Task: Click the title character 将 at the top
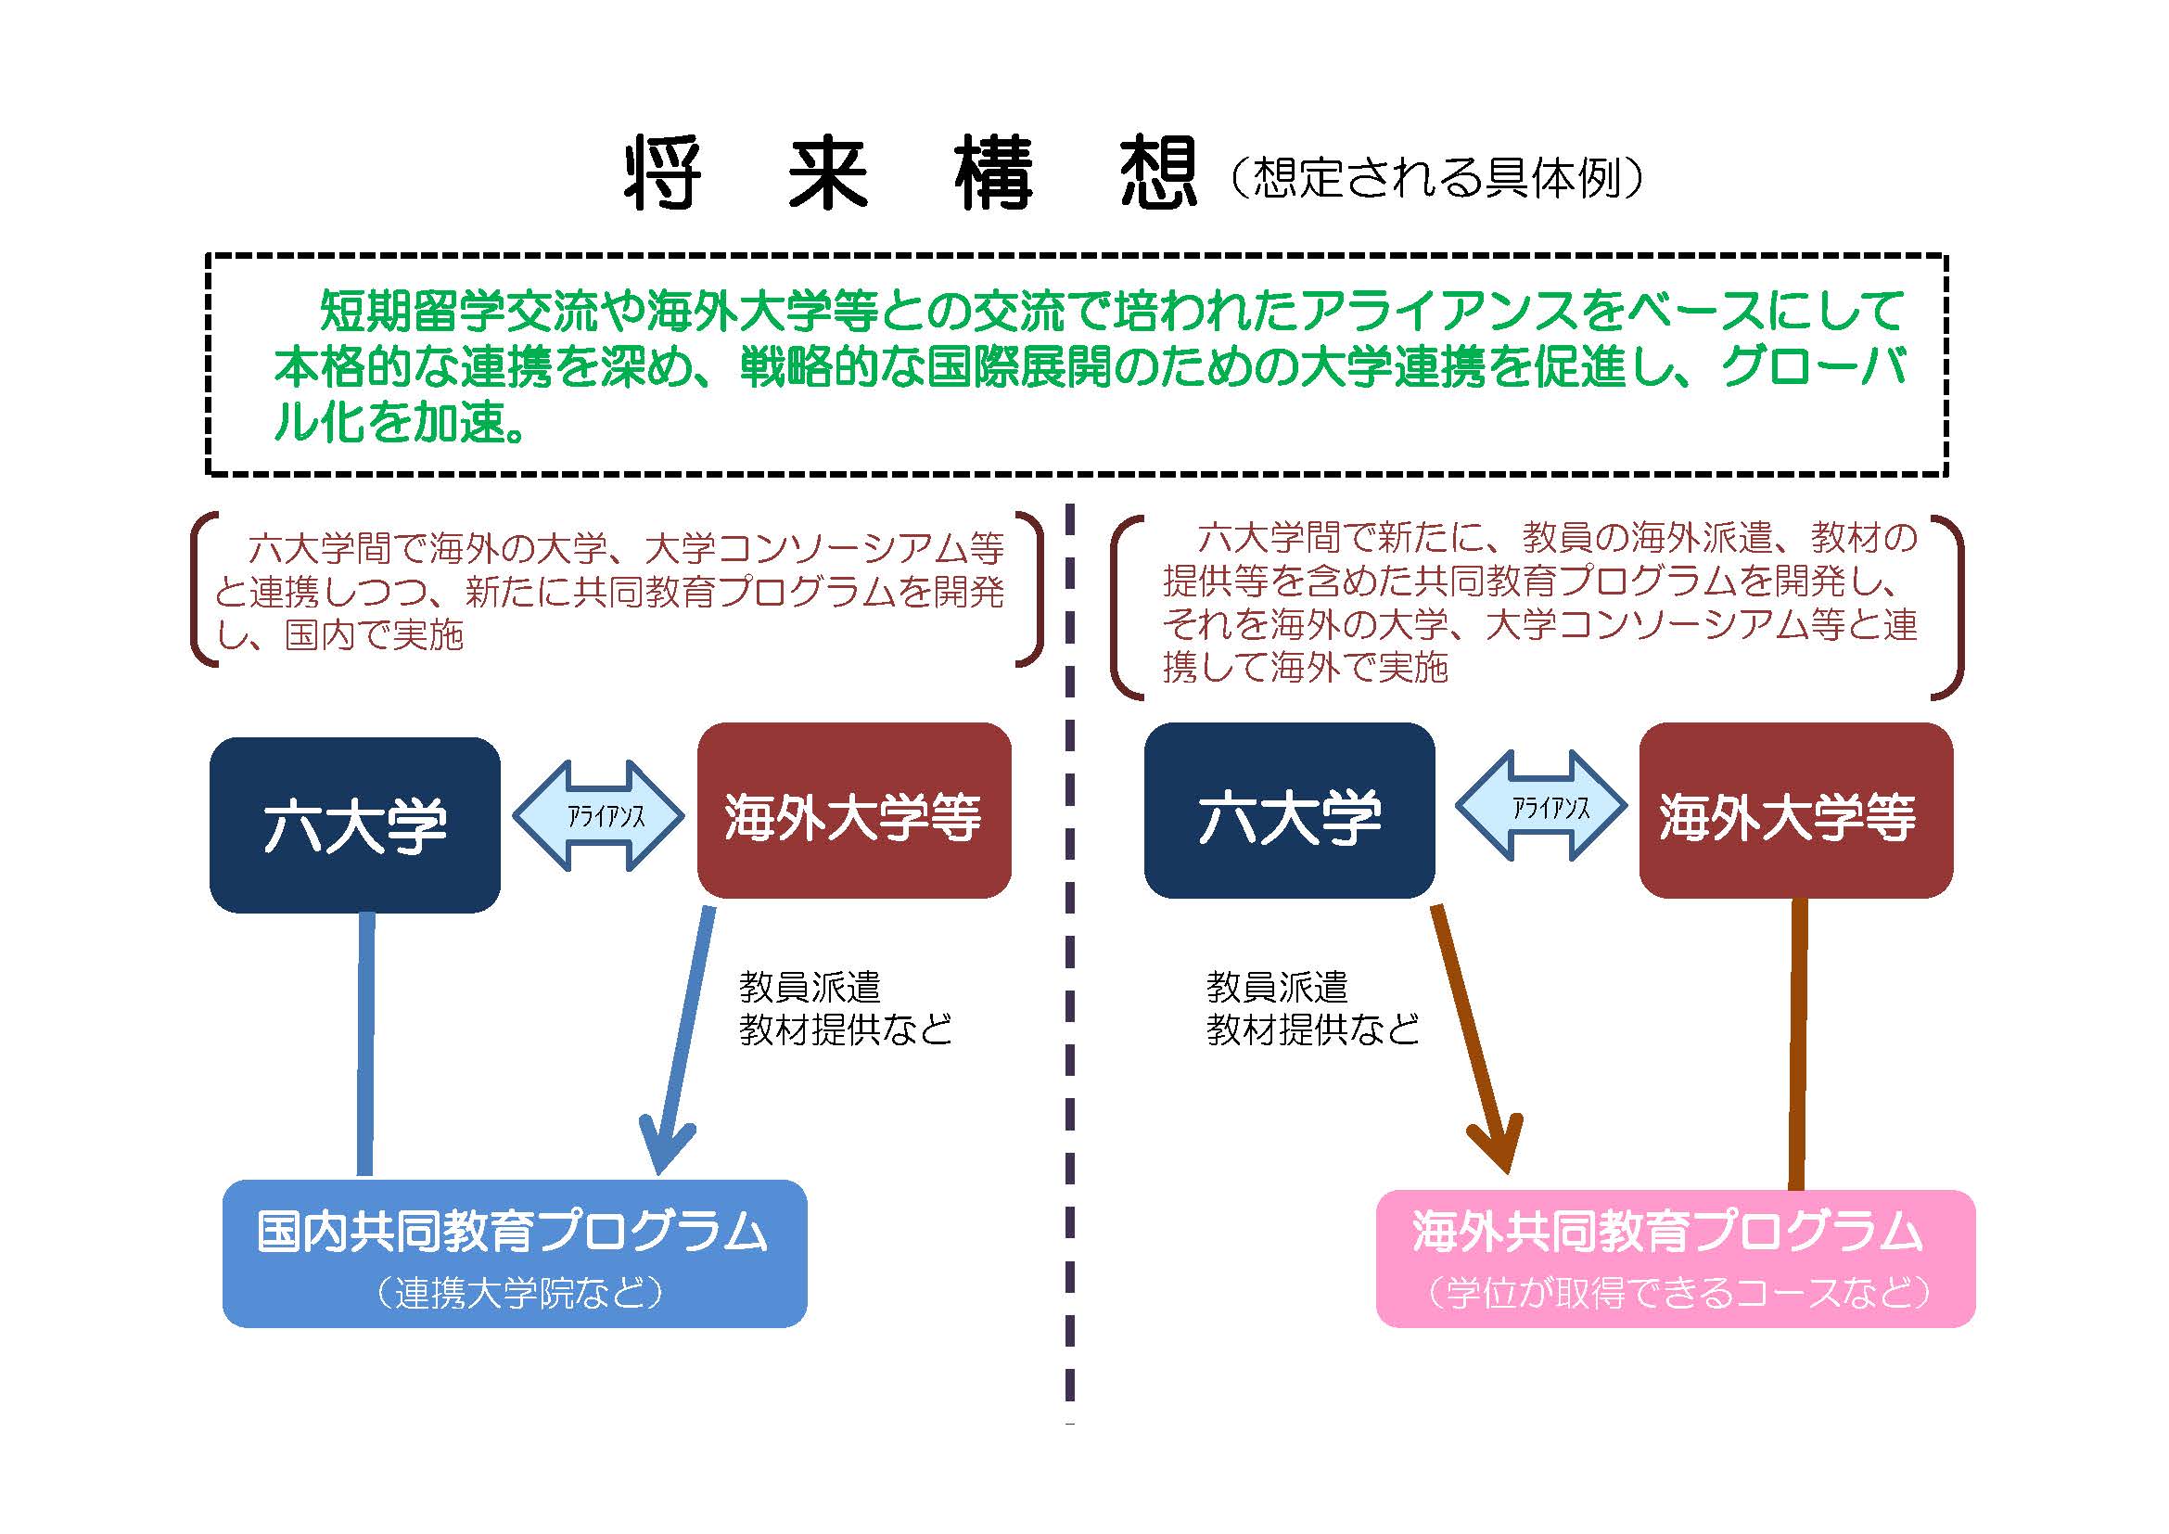pyautogui.click(x=663, y=174)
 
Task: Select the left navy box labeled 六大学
pyautogui.click(x=355, y=825)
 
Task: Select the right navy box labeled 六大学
pyautogui.click(x=1290, y=811)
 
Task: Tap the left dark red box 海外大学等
pyautogui.click(x=854, y=811)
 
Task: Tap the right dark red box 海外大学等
pyautogui.click(x=1796, y=811)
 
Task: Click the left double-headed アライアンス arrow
pyautogui.click(x=599, y=815)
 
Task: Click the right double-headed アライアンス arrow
pyautogui.click(x=1541, y=806)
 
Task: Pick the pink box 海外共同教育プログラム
pyautogui.click(x=1676, y=1259)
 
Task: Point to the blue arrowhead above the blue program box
pyautogui.click(x=665, y=1147)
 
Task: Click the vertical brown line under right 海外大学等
pyautogui.click(x=1799, y=1043)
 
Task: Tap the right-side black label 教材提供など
pyautogui.click(x=1313, y=1029)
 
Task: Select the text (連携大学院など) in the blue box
pyautogui.click(x=518, y=1293)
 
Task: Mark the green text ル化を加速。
pyautogui.click(x=400, y=420)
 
